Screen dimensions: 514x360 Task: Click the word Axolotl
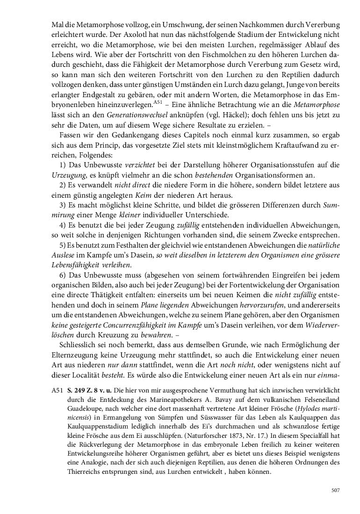point(141,34)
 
